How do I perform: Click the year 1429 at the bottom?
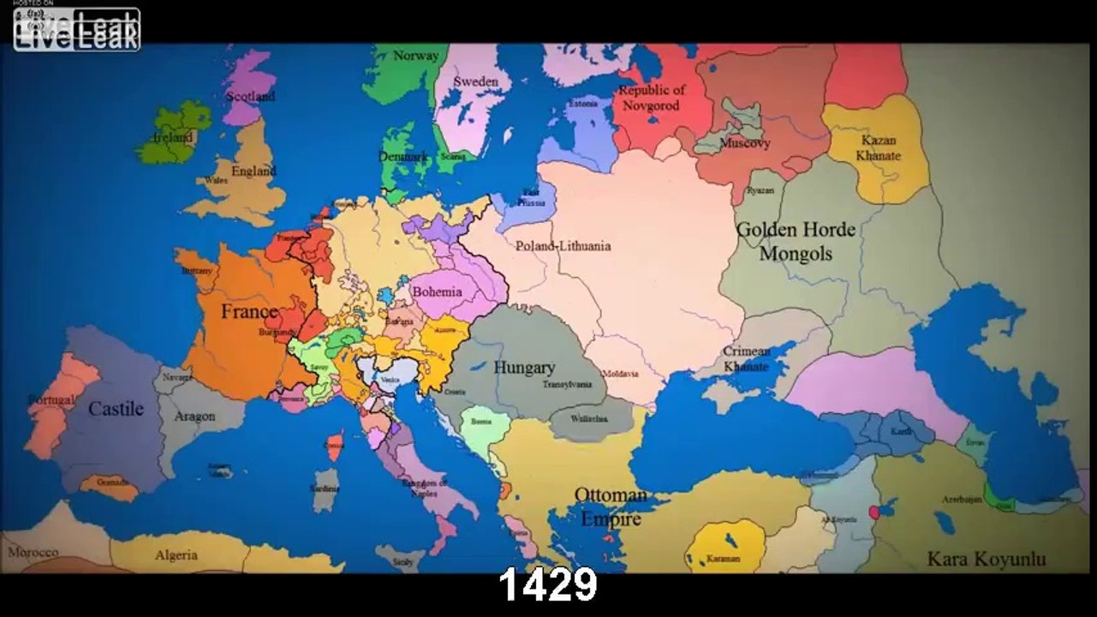point(547,587)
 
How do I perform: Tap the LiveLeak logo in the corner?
point(76,29)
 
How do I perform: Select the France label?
point(249,311)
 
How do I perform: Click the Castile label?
point(116,409)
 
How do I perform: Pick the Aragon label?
point(194,416)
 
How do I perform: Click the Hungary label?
point(524,368)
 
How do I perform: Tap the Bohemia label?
point(437,291)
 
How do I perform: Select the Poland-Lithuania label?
point(563,246)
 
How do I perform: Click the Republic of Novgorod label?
point(652,98)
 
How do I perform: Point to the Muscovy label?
point(744,143)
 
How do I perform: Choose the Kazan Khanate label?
point(878,148)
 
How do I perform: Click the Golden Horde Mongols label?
point(796,242)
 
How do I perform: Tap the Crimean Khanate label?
point(746,358)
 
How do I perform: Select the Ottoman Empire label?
point(611,506)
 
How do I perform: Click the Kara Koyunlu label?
point(986,560)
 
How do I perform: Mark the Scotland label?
point(250,96)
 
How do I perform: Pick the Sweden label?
point(475,81)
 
